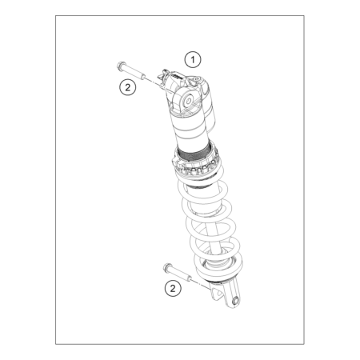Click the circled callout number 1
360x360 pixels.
(x=193, y=59)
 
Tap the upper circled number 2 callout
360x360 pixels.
(x=128, y=87)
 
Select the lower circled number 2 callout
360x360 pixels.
(x=173, y=288)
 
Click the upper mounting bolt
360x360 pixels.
(x=131, y=70)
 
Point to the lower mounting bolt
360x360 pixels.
(x=178, y=272)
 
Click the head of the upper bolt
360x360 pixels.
(x=121, y=65)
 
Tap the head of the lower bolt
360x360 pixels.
(x=167, y=267)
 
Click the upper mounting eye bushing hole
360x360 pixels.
(x=189, y=101)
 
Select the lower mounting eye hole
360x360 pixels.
(x=236, y=300)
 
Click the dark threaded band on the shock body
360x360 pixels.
(x=194, y=155)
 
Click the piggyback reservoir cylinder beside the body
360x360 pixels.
(x=208, y=106)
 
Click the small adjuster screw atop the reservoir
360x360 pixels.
(x=197, y=79)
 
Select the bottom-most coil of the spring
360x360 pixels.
(x=218, y=266)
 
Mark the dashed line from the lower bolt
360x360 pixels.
(x=202, y=284)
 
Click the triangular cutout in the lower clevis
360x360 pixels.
(x=218, y=295)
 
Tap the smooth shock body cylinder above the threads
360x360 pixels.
(x=191, y=130)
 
